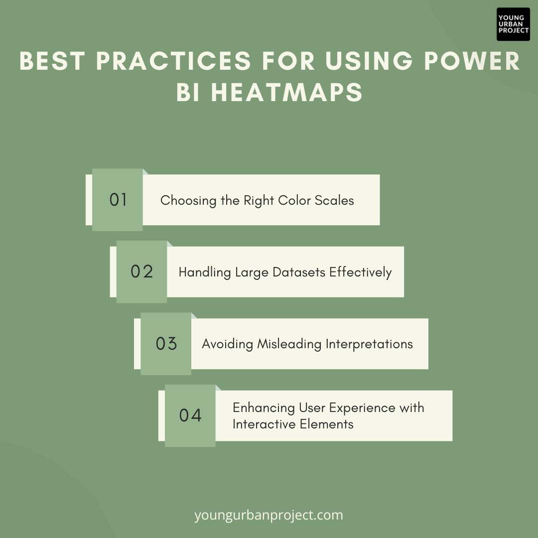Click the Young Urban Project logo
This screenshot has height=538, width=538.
513,24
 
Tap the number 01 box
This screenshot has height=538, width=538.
118,200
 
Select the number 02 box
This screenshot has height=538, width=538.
141,272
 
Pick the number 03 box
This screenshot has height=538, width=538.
166,344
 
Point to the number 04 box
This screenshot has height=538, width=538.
190,415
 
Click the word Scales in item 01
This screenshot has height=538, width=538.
334,200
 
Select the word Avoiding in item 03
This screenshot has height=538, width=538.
227,344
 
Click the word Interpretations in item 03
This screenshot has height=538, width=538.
369,344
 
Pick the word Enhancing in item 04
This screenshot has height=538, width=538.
264,408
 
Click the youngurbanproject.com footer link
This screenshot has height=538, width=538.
269,515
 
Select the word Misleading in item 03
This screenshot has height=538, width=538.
289,344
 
